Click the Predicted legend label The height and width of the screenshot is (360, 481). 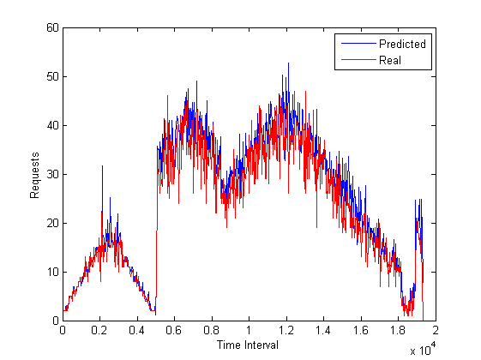[402, 44]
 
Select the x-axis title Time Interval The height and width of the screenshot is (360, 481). [249, 345]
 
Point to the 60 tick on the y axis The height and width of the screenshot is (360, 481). [52, 27]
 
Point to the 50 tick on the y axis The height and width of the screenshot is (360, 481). [52, 76]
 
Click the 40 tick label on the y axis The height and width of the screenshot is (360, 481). [52, 125]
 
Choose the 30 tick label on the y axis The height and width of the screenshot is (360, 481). [52, 174]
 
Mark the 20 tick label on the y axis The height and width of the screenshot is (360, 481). [52, 223]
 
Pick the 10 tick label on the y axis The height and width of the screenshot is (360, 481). [52, 272]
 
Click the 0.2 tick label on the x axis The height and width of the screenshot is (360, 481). [99, 331]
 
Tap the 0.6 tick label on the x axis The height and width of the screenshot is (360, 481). [174, 331]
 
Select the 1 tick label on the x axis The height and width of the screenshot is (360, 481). [249, 331]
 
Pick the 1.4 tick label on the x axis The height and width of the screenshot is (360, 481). [323, 331]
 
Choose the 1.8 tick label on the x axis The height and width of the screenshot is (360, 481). [398, 331]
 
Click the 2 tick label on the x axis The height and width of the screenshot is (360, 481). [435, 331]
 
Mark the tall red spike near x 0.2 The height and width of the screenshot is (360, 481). [102, 168]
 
